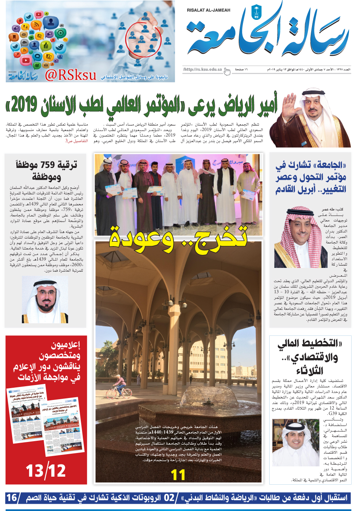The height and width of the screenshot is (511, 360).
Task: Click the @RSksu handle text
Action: pyautogui.click(x=70, y=75)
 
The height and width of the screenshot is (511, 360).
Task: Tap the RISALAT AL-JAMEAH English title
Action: pyautogui.click(x=209, y=10)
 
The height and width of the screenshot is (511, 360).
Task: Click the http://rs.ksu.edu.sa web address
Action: pyautogui.click(x=202, y=69)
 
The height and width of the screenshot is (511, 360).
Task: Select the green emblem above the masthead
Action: pyautogui.click(x=255, y=12)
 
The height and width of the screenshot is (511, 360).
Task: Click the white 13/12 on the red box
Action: pyautogui.click(x=46, y=471)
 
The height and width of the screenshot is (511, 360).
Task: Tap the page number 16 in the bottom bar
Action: pyautogui.click(x=12, y=498)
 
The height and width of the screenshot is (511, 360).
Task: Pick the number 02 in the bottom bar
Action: pyautogui.click(x=169, y=498)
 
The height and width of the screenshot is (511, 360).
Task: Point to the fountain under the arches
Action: pyautogui.click(x=179, y=401)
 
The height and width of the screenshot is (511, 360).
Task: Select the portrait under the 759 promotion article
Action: pyautogui.click(x=45, y=300)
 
